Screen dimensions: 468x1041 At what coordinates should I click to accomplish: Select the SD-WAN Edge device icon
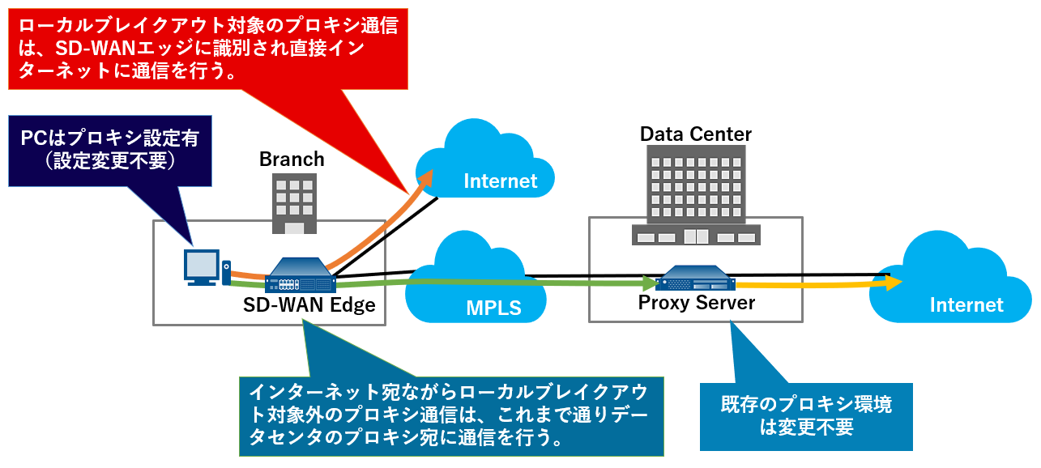(x=300, y=276)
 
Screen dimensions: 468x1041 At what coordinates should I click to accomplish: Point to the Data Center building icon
(x=696, y=194)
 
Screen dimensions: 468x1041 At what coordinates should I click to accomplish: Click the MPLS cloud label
(x=493, y=308)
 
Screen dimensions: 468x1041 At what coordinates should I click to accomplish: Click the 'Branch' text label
(x=292, y=159)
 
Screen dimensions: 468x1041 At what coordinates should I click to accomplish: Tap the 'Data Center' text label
(x=696, y=134)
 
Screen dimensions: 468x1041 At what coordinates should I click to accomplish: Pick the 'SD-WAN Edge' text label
(x=309, y=304)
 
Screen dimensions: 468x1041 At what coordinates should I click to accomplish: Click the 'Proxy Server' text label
(x=697, y=303)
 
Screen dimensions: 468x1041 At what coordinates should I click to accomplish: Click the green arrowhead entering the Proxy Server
(x=650, y=283)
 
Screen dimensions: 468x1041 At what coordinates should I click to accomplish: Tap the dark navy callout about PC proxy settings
(x=109, y=151)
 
